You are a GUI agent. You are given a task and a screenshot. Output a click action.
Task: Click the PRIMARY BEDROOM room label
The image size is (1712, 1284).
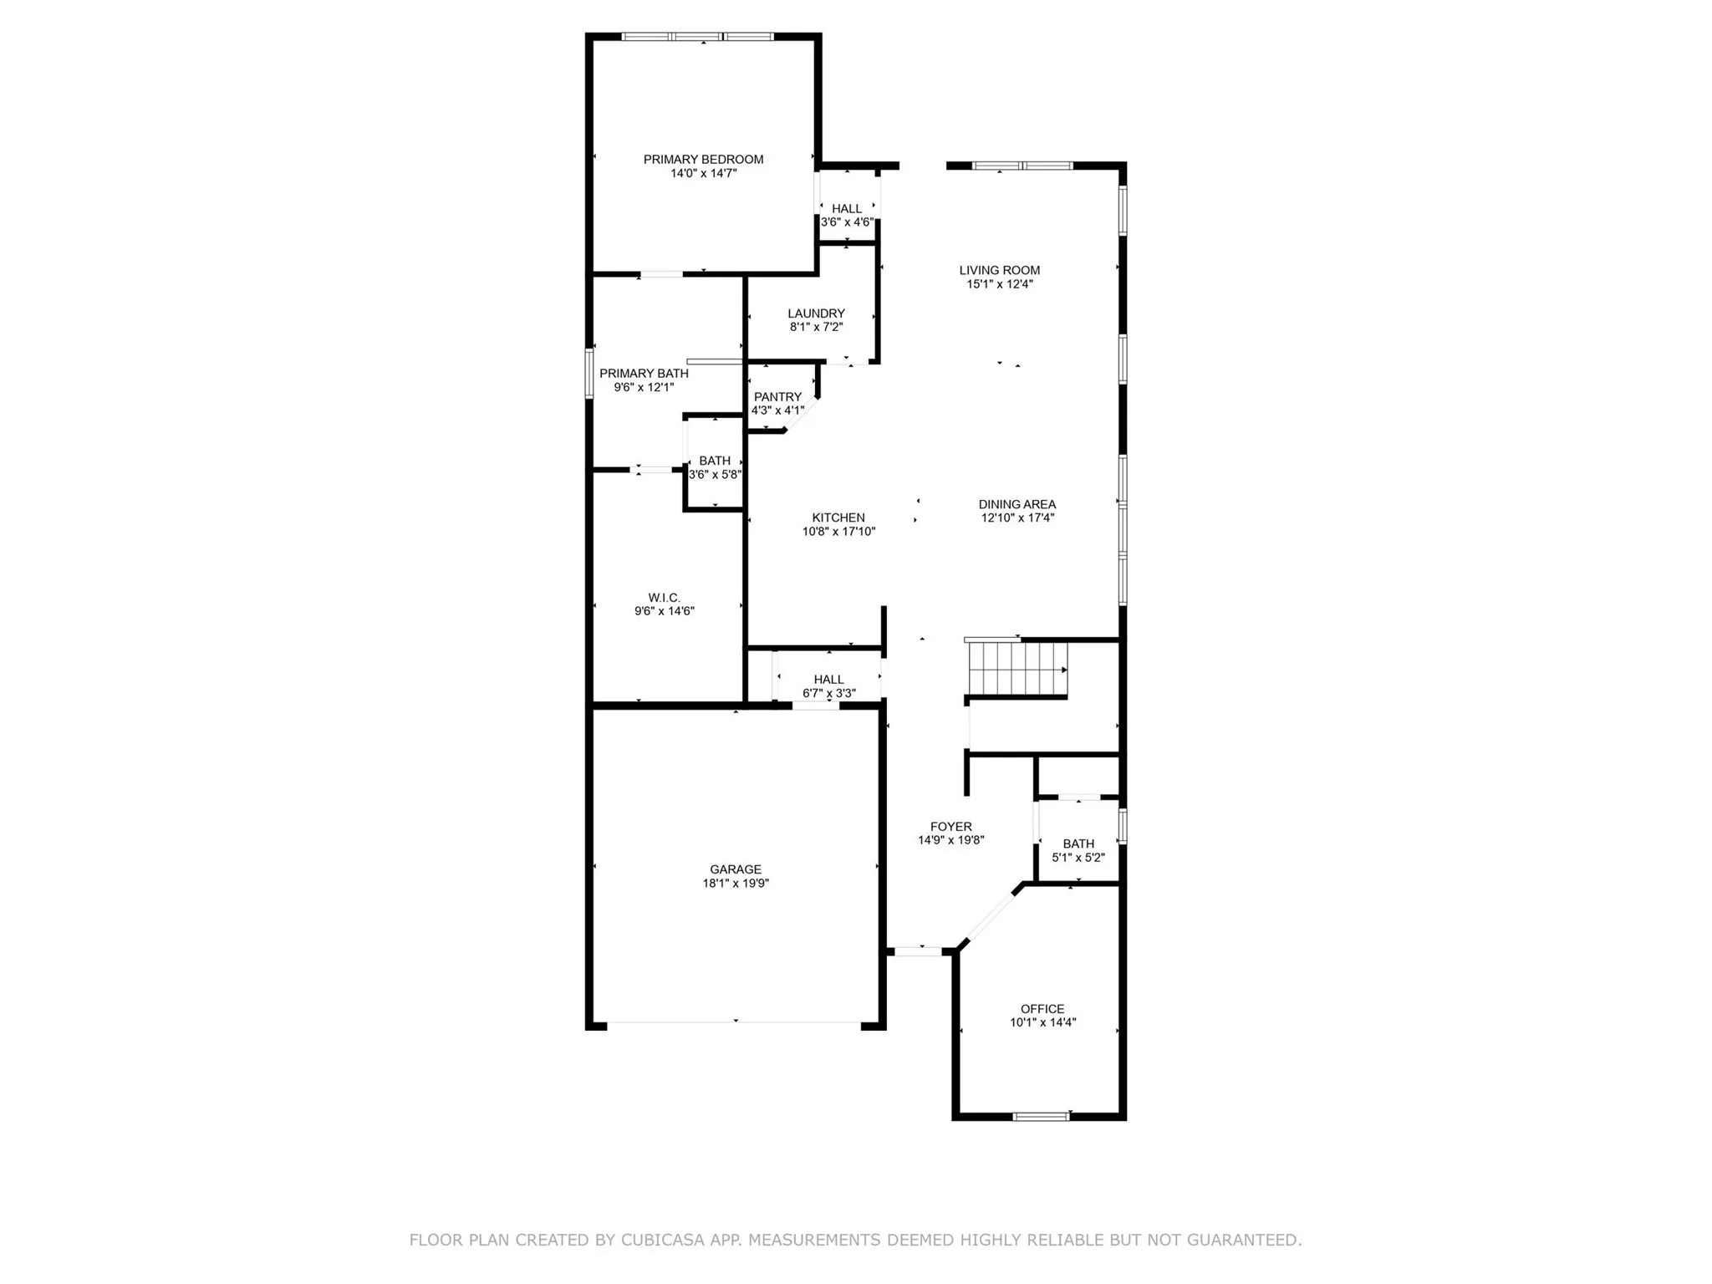pos(703,159)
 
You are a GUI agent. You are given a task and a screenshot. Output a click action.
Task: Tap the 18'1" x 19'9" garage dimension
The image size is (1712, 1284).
pos(736,883)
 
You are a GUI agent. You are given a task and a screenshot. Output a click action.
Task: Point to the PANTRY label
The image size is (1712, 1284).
pos(777,397)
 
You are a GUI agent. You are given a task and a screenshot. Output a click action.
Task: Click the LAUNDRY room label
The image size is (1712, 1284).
pos(816,313)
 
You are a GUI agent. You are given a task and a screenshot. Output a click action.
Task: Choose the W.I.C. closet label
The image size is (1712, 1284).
pos(665,597)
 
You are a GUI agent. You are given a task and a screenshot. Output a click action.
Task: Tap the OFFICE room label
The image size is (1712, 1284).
pos(1042,1008)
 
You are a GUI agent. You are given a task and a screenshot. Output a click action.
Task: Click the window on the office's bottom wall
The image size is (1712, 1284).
pos(1042,1116)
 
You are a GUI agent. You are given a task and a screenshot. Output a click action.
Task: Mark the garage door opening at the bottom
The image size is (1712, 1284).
pos(734,1022)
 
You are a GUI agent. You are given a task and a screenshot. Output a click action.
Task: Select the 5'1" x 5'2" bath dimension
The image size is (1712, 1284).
pos(1078,857)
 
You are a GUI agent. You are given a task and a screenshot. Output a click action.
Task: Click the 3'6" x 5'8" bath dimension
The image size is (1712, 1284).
pos(715,474)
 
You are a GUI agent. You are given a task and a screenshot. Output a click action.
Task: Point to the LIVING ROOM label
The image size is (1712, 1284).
pos(1000,270)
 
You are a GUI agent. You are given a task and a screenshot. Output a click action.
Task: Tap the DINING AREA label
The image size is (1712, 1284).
pos(1017,504)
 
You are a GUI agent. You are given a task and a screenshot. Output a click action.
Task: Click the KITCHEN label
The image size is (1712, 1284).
pos(838,517)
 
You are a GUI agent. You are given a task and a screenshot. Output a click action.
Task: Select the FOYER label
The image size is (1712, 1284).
pos(951,826)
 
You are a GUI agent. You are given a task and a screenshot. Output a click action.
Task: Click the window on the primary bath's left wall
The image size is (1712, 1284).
pos(589,372)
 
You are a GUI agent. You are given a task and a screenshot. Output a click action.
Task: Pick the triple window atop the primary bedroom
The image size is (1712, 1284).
pos(698,37)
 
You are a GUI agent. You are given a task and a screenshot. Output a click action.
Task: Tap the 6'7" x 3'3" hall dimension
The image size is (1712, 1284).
pos(828,693)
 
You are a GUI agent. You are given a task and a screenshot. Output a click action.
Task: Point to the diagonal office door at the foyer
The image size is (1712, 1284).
pos(991,916)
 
